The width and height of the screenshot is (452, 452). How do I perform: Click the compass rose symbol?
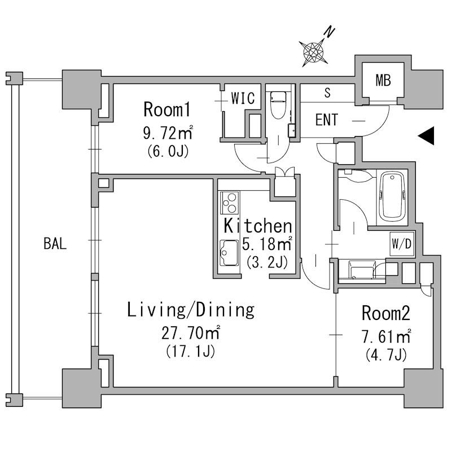[313, 52]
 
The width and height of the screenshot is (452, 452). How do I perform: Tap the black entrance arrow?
[426, 135]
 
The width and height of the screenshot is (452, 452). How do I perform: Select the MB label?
[383, 80]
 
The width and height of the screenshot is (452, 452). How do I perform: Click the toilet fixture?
[278, 105]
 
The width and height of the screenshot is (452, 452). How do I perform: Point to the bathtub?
[392, 196]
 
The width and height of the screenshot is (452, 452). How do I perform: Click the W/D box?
[402, 244]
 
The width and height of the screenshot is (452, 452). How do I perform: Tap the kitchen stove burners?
[230, 203]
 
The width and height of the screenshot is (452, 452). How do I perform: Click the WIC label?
[243, 98]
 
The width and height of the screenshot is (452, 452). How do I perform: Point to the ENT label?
[327, 120]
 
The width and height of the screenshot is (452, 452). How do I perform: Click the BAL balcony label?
[55, 243]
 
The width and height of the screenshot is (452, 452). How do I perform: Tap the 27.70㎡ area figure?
[191, 333]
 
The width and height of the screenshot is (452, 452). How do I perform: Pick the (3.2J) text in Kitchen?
[267, 262]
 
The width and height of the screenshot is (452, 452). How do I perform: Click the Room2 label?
[386, 313]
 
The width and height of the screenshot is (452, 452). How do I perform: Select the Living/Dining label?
[191, 310]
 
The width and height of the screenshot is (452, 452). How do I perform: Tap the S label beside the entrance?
[327, 93]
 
